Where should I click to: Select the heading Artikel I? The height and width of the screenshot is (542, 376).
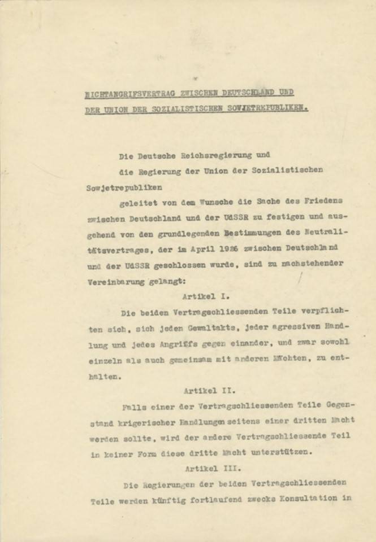click(206, 295)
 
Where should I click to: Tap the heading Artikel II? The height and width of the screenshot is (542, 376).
click(206, 389)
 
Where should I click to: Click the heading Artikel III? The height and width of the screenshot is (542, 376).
click(208, 468)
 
